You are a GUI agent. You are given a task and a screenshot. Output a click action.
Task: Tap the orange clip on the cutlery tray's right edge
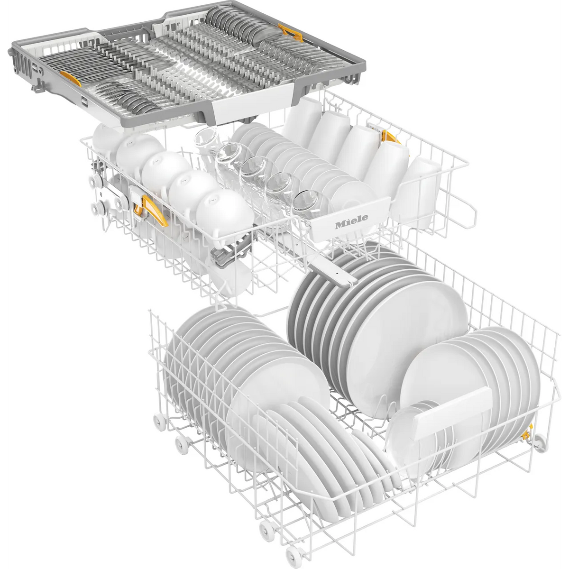(291, 33)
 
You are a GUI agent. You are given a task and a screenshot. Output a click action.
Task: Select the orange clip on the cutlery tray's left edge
(70, 78)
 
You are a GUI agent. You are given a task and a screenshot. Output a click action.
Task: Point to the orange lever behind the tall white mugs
(390, 137)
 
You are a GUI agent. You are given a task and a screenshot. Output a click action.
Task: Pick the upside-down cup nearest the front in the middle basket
(224, 214)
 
